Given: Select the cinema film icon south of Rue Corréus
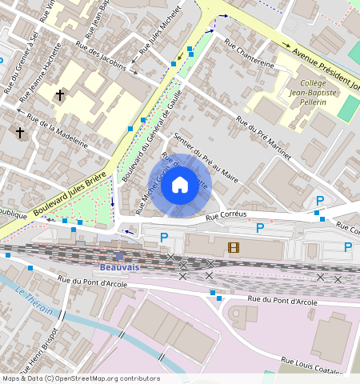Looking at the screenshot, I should (x=233, y=248).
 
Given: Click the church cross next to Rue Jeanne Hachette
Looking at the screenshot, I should (x=60, y=95).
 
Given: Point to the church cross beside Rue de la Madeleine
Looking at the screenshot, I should (x=20, y=132).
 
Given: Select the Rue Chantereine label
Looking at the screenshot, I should (x=249, y=54).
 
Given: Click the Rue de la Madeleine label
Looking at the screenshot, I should (x=57, y=130).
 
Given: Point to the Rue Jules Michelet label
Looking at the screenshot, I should (x=161, y=37).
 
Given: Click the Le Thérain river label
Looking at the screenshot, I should (x=34, y=300).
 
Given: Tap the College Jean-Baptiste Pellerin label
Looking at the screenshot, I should (x=322, y=93).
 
